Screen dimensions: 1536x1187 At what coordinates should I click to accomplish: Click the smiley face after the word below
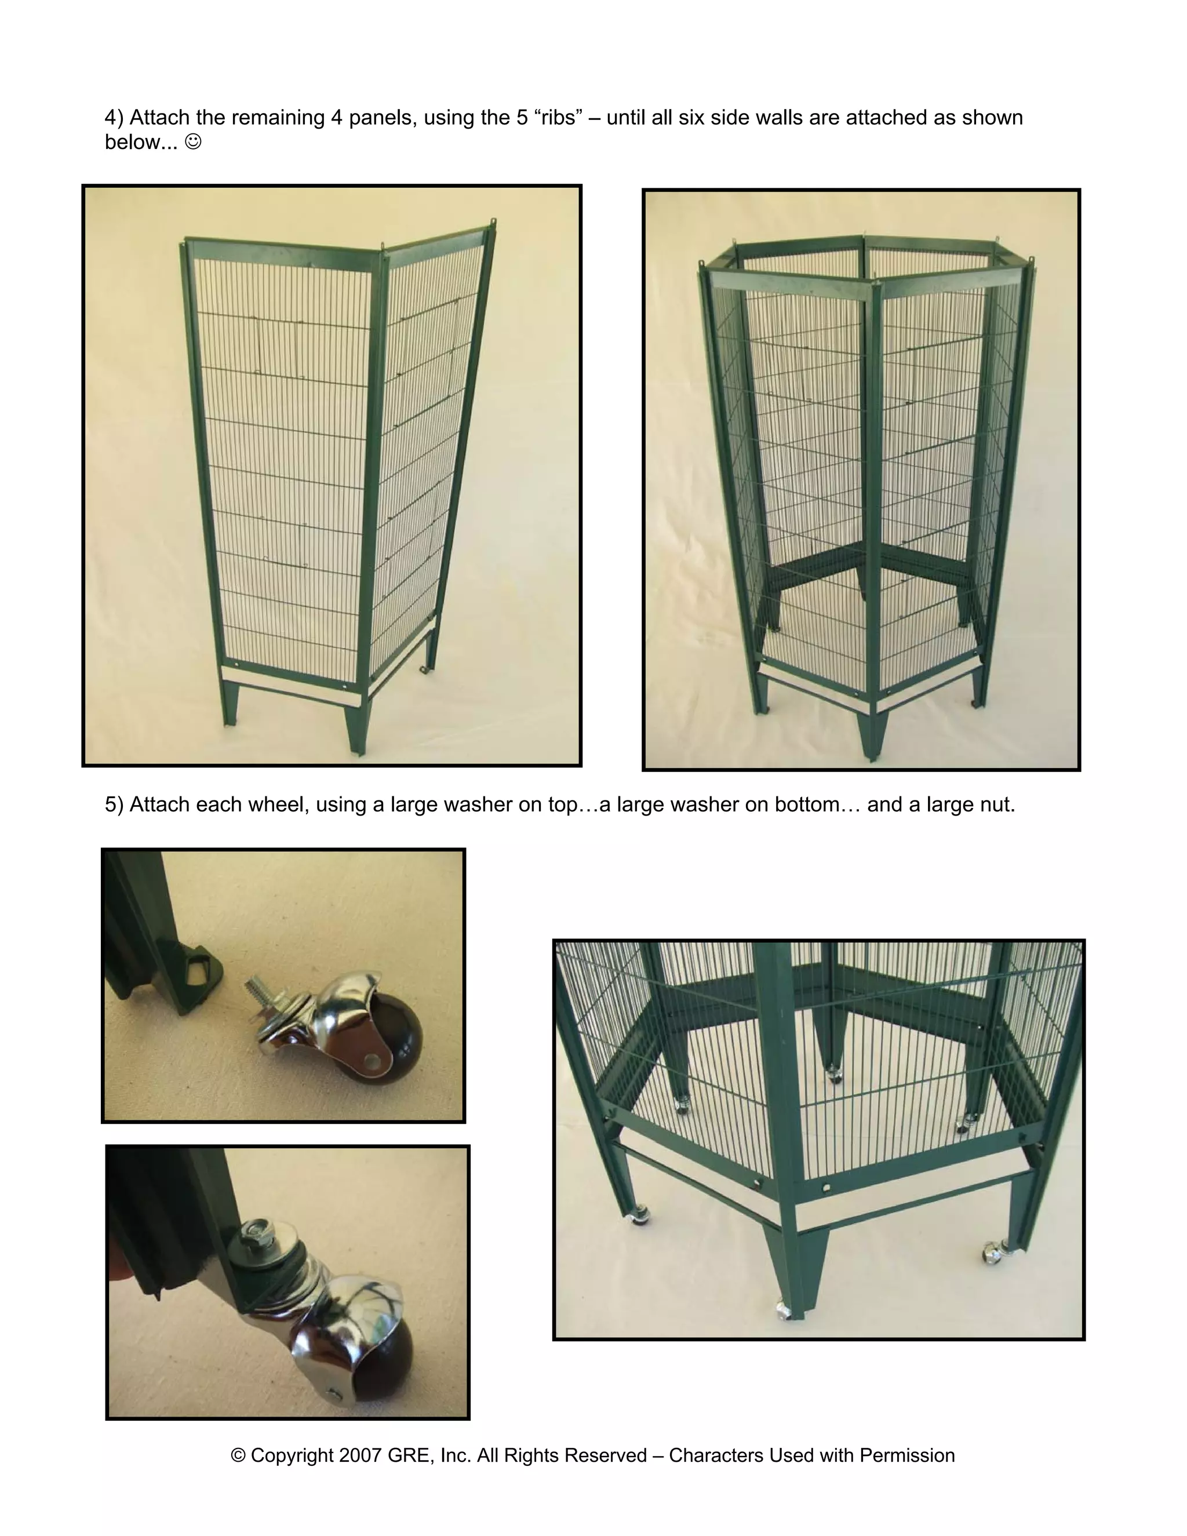coord(192,142)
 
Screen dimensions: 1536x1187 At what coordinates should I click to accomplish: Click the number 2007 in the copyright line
coord(360,1455)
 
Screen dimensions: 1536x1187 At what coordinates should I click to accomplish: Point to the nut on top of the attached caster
coord(250,1231)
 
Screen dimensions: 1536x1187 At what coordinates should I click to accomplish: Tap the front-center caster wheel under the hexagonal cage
coord(784,1311)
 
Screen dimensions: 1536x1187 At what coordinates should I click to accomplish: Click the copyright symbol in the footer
coord(238,1455)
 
